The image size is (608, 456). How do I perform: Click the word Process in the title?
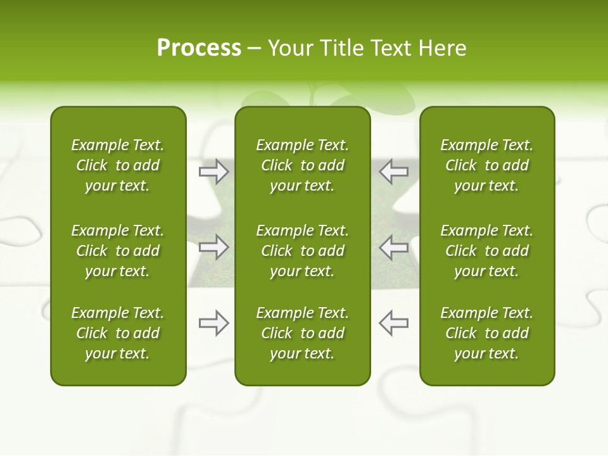click(x=199, y=48)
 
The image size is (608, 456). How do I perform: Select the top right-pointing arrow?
click(x=213, y=172)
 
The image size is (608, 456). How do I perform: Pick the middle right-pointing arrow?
click(x=213, y=247)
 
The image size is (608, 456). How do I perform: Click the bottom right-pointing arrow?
click(x=213, y=323)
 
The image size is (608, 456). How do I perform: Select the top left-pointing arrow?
click(x=393, y=172)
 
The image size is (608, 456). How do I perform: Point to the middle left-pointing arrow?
click(x=393, y=247)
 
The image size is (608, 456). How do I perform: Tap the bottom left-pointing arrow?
click(x=393, y=323)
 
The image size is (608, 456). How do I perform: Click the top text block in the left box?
click(x=118, y=165)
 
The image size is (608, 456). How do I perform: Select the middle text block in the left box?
click(x=118, y=251)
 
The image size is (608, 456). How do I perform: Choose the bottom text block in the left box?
click(x=118, y=333)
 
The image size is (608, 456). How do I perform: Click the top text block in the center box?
click(x=303, y=165)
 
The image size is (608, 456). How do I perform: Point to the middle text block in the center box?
click(x=303, y=251)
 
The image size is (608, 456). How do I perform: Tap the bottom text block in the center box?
click(x=303, y=333)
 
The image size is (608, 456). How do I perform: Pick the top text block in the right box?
click(x=487, y=165)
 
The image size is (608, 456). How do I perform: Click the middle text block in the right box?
click(x=487, y=251)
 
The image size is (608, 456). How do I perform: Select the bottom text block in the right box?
click(x=487, y=333)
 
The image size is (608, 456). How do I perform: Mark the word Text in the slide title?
click(x=390, y=48)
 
